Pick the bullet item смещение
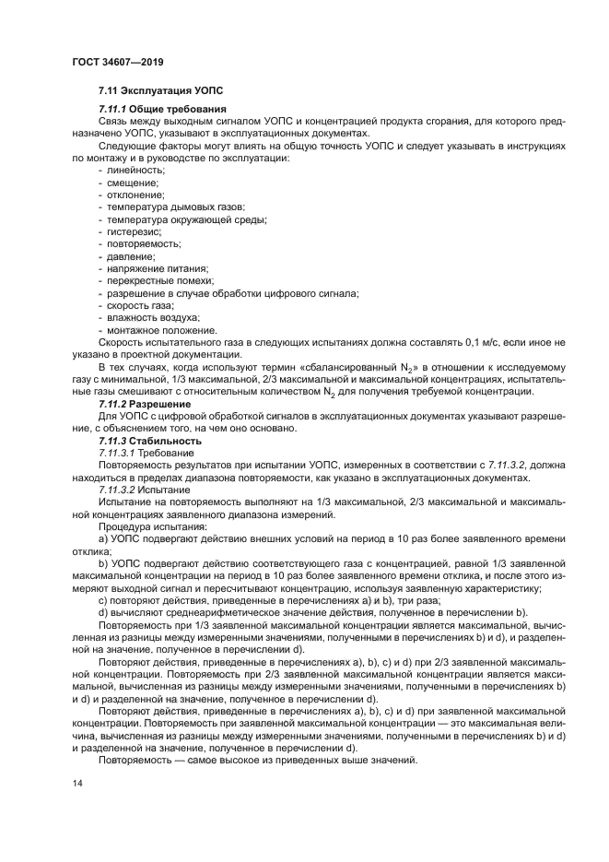click(134, 183)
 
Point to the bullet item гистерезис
click(134, 232)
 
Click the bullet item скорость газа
click(140, 305)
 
